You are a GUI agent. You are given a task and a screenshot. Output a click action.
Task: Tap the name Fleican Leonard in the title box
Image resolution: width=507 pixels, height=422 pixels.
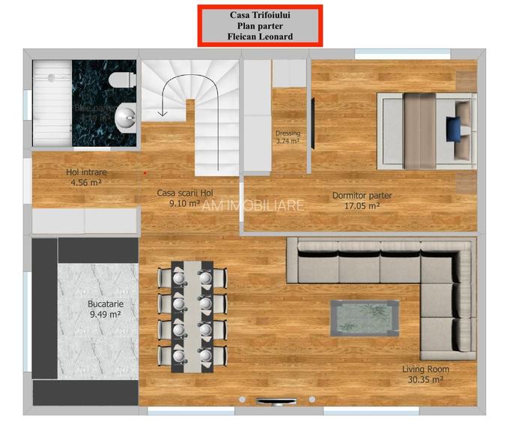pos(260,36)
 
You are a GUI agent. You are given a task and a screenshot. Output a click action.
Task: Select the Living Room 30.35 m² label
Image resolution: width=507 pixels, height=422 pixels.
pos(423,375)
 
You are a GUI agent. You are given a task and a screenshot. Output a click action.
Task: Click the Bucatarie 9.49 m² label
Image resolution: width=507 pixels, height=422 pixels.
pos(105,310)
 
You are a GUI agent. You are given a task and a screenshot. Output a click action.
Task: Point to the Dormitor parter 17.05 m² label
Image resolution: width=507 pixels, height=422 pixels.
pos(362,200)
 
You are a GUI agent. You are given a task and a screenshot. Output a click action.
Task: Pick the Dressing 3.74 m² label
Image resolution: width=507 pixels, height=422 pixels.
pos(288,137)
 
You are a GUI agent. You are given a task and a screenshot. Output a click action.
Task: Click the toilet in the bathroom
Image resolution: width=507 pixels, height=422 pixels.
pos(120,79)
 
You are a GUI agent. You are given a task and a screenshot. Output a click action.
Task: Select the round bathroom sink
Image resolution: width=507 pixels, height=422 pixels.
pos(126,116)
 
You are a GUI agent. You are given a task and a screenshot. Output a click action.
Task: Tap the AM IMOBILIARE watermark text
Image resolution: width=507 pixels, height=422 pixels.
pos(253,205)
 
